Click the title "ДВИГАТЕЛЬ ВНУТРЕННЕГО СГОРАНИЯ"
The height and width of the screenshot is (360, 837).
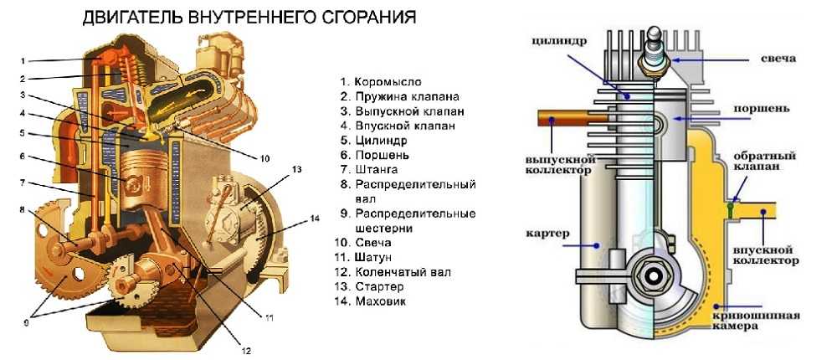pos(249,17)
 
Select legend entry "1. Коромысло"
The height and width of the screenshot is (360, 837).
pos(381,82)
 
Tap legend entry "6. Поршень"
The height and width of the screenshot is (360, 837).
pos(375,155)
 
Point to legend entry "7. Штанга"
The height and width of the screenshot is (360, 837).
pos(371,169)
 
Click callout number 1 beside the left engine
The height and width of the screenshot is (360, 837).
pos(23,60)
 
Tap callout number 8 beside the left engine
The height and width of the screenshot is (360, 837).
pos(23,209)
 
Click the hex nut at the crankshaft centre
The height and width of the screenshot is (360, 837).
pos(652,272)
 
